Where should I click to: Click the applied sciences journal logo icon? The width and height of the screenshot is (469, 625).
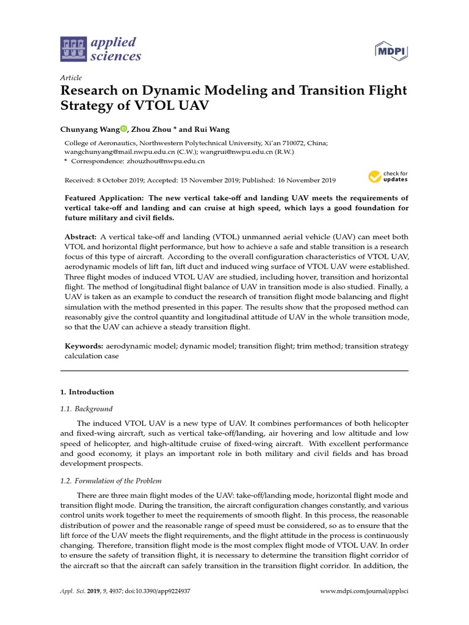point(74,49)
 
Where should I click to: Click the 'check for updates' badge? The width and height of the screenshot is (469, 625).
point(388,177)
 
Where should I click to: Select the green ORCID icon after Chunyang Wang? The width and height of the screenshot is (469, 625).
point(123,129)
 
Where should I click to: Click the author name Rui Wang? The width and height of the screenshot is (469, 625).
point(212,129)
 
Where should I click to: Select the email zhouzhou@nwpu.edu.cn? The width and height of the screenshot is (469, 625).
point(165,161)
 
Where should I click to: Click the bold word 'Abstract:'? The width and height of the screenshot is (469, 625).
point(81,236)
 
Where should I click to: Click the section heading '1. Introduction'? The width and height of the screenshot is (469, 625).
point(87,392)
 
